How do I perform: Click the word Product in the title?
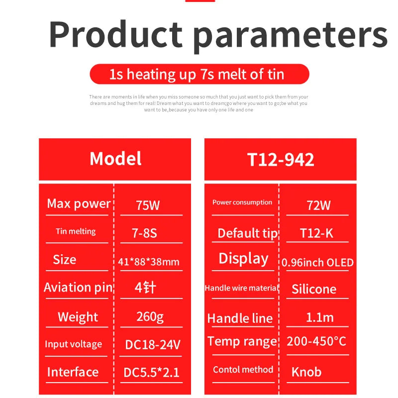[x=115, y=35]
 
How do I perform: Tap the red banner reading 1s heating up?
[x=199, y=75]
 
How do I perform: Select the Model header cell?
[x=115, y=159]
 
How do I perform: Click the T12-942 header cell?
[x=281, y=159]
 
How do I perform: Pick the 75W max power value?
[x=148, y=205]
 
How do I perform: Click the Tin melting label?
[x=76, y=231]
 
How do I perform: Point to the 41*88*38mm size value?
[x=149, y=262]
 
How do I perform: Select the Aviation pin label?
[x=78, y=288]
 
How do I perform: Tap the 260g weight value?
[x=150, y=316]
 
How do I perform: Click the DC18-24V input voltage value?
[x=152, y=344]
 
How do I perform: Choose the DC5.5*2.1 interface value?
[x=152, y=372]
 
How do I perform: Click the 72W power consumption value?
[x=318, y=205]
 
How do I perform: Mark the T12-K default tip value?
[x=317, y=233]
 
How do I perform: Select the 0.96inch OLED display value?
[x=317, y=262]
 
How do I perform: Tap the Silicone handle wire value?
[x=314, y=289]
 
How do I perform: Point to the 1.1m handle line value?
[x=320, y=317]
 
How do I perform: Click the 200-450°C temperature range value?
[x=316, y=341]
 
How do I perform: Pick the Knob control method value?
[x=306, y=372]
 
